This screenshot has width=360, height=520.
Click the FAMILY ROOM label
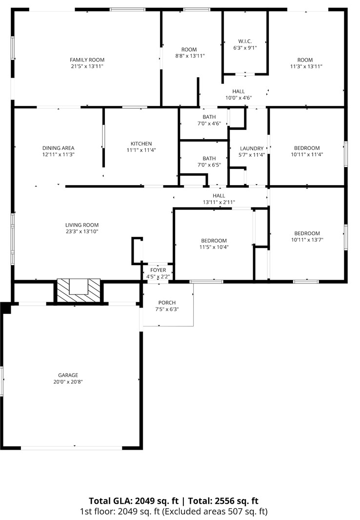87,60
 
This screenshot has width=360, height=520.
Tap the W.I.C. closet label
245,41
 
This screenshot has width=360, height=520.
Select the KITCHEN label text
141,144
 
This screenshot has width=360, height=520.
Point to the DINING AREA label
58,148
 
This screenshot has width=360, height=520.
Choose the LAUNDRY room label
252,148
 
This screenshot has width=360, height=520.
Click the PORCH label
167,303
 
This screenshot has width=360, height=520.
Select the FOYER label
158,270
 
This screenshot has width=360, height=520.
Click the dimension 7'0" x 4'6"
209,124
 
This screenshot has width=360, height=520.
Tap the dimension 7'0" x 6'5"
209,165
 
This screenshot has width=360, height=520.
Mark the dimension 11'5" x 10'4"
214,247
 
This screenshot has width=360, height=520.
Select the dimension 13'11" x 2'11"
219,202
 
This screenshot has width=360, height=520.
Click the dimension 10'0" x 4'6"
239,98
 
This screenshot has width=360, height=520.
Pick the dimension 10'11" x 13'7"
307,240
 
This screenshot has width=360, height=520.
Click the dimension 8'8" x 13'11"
189,56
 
